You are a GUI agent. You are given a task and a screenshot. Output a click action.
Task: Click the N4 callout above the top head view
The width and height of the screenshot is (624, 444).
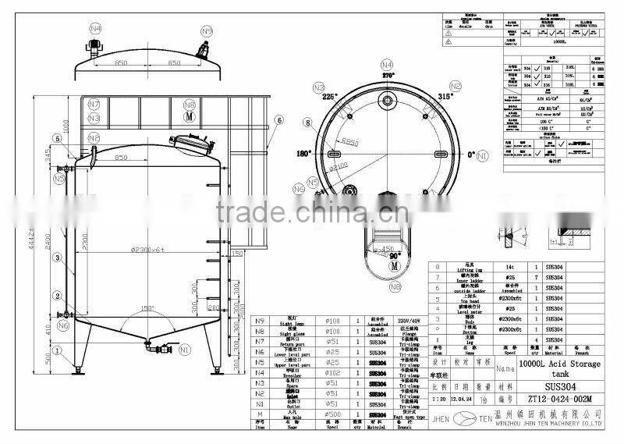(95, 28)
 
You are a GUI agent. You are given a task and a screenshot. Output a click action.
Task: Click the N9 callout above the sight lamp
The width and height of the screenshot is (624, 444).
(207, 30)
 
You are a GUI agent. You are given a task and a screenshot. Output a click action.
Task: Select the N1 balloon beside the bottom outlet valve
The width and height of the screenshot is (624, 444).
(185, 350)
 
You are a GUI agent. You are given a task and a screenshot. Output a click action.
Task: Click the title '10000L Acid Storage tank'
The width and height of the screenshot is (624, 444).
(560, 368)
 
